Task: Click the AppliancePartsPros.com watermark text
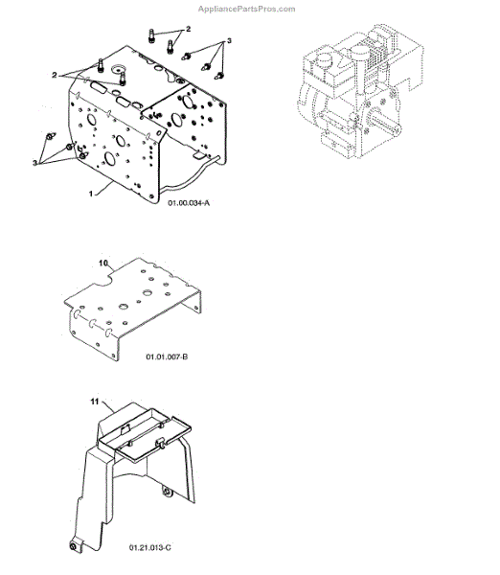[x=247, y=9]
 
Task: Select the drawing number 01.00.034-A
[x=189, y=203]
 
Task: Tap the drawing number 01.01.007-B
[x=167, y=356]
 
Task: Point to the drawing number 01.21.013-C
[x=150, y=547]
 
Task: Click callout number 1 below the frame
[x=91, y=194]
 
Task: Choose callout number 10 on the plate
[x=103, y=263]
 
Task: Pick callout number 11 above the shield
[x=95, y=402]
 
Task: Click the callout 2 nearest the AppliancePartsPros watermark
[x=189, y=29]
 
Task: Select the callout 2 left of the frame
[x=55, y=75]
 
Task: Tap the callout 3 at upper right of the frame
[x=230, y=40]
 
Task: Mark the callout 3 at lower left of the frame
[x=34, y=163]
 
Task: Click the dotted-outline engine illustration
[x=360, y=91]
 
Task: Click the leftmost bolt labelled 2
[x=100, y=65]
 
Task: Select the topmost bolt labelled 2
[x=151, y=34]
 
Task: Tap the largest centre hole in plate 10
[x=148, y=293]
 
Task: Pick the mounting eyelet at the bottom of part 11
[x=73, y=546]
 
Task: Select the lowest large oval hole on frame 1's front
[x=109, y=159]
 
